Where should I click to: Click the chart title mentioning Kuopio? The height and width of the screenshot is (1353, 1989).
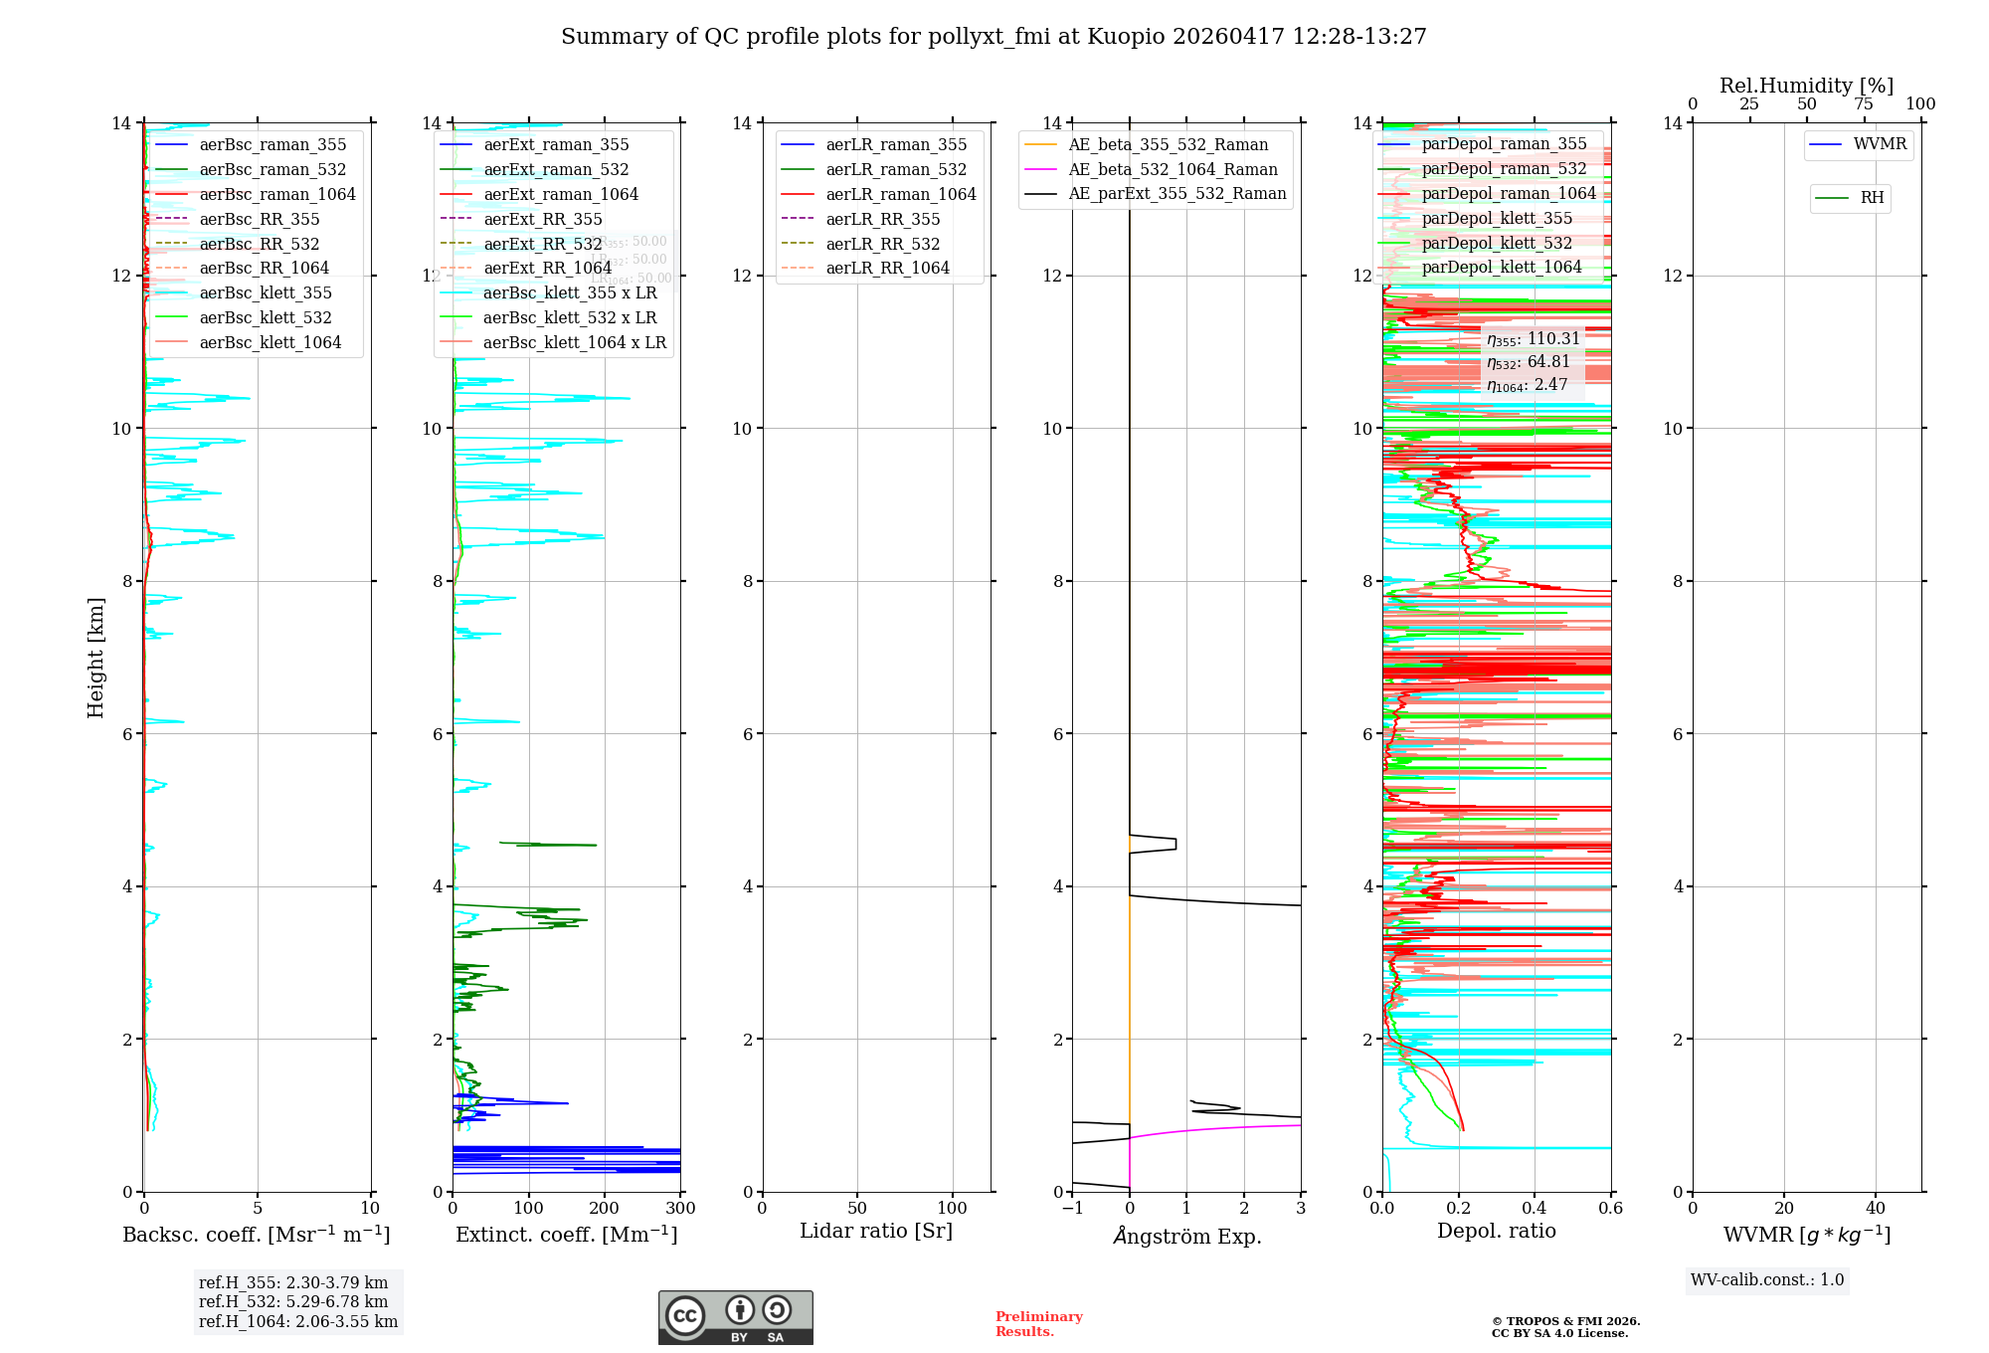994,37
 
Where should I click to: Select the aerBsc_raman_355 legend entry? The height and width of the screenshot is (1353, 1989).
272,145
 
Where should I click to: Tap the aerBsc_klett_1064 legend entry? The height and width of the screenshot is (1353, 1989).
270,342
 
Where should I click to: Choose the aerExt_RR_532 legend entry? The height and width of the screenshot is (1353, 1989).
542,244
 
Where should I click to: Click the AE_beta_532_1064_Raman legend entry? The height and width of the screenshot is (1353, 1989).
1173,169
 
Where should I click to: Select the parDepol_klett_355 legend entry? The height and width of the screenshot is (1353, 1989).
1497,218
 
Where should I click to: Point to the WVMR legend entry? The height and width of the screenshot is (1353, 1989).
1880,144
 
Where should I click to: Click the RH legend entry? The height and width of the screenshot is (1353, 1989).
1872,198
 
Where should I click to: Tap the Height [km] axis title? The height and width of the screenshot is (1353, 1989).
95,657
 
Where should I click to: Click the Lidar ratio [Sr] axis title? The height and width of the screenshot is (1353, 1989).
876,1231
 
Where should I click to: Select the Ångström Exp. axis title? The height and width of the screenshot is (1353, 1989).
1186,1236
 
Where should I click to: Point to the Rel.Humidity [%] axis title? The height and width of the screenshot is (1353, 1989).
1806,86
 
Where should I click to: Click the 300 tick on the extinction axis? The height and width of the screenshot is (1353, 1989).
680,1208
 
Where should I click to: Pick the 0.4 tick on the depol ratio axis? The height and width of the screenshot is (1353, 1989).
1535,1208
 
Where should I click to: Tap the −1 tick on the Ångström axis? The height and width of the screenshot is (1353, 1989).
1072,1208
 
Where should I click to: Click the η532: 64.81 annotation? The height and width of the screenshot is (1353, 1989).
1529,362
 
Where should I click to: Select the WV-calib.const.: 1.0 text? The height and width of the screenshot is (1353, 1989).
1767,1280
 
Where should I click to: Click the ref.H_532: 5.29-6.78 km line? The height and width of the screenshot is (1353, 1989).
293,1301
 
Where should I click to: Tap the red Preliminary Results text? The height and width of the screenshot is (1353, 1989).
1038,1324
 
